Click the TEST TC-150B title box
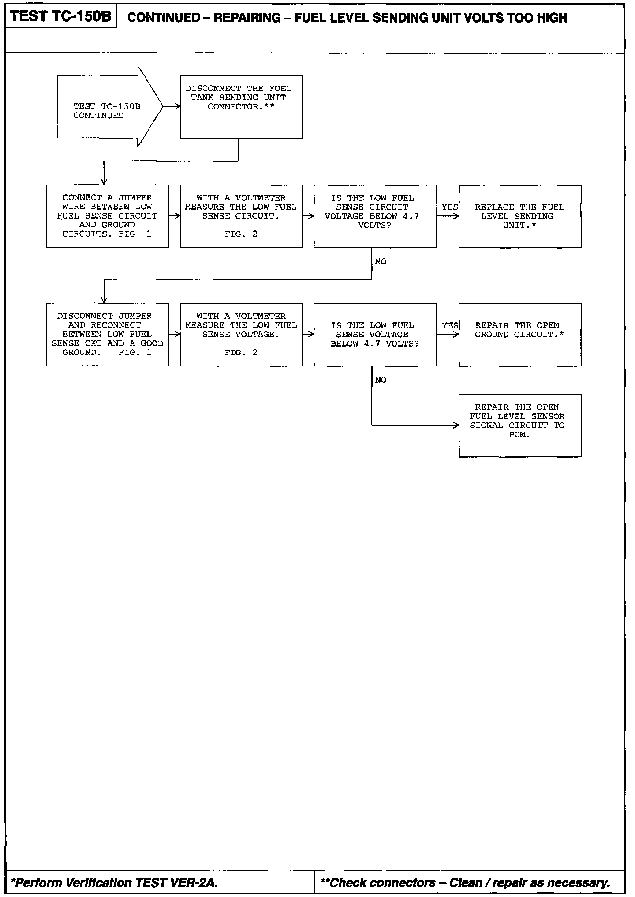61,17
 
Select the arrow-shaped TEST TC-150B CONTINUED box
106,107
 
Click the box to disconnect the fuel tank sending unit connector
241,107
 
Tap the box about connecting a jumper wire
107,216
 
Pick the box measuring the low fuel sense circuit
241,216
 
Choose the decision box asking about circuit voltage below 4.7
375,216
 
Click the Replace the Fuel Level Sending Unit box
520,216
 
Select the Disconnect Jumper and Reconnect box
107,334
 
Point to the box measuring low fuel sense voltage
241,334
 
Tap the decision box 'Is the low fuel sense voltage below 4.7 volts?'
375,334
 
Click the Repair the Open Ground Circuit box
520,334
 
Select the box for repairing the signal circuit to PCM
520,426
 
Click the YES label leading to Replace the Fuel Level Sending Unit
450,207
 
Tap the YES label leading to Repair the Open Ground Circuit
450,325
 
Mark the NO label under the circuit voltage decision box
381,262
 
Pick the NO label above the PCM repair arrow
381,380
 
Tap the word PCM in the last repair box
519,435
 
